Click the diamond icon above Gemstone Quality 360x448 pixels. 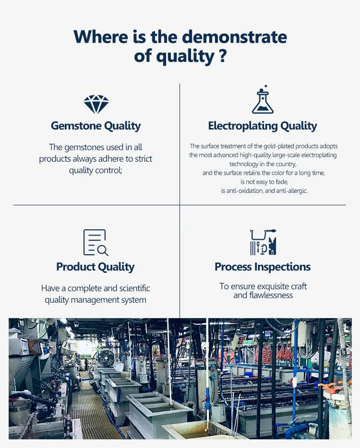[x=96, y=104]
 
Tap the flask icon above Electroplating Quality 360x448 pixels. [x=263, y=99]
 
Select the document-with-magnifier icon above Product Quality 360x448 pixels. [x=96, y=242]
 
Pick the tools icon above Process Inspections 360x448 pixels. [x=263, y=242]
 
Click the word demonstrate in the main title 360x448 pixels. [x=234, y=37]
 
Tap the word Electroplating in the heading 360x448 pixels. [x=243, y=126]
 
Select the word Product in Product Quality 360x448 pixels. [x=75, y=267]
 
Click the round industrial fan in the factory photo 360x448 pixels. [x=106, y=357]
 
